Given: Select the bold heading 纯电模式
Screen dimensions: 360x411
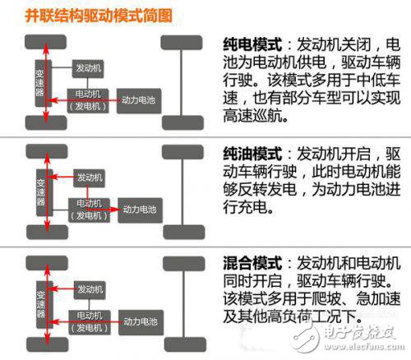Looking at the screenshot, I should (250, 44).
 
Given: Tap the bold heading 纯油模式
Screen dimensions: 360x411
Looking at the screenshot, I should (250, 154).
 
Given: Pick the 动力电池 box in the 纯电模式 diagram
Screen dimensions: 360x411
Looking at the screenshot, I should (138, 100).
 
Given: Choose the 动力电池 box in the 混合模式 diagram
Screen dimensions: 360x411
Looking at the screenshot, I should (138, 316).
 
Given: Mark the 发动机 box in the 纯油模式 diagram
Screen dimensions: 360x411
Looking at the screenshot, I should (89, 177).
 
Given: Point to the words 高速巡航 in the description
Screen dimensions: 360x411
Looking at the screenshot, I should (250, 116).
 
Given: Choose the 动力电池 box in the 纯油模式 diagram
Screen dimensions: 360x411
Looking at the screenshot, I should (138, 208).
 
